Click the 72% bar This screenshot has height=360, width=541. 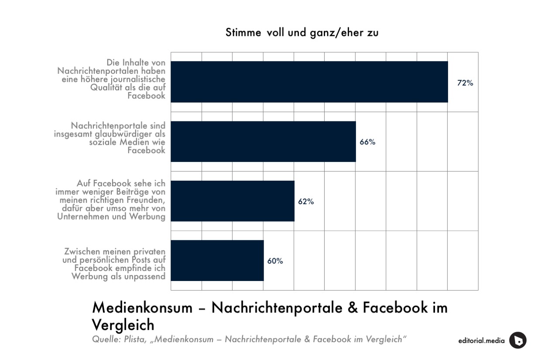(x=309, y=82)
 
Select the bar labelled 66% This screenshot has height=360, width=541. (x=263, y=141)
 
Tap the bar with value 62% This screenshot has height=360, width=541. (x=233, y=201)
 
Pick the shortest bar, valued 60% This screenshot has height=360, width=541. (x=217, y=261)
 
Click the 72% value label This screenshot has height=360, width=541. (x=465, y=82)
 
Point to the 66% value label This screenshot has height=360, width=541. (x=367, y=142)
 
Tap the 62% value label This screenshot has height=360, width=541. (x=306, y=202)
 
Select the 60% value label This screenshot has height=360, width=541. (x=275, y=261)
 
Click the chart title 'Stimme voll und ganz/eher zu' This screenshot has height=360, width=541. (x=302, y=33)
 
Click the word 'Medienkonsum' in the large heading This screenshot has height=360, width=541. (x=142, y=308)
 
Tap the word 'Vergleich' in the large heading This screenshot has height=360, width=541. (x=123, y=325)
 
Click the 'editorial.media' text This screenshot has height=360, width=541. (x=481, y=341)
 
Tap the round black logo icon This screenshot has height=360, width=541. (x=517, y=340)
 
